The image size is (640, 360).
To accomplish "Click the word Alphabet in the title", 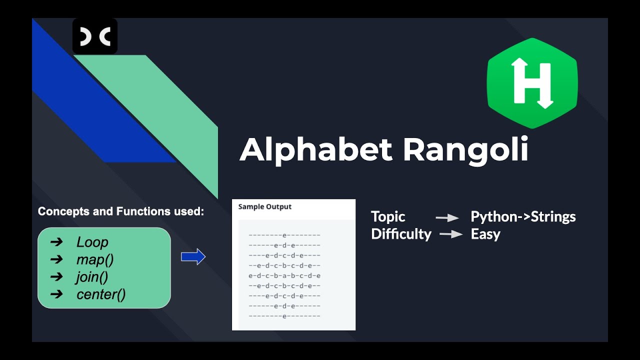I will tap(316, 149).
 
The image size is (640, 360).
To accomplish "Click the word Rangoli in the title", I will tap(465, 149).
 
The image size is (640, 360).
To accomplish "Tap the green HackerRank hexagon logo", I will tap(532, 83).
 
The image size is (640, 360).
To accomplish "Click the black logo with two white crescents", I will tap(95, 36).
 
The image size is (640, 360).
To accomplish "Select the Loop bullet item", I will tap(92, 242).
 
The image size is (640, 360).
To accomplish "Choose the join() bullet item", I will tap(92, 277).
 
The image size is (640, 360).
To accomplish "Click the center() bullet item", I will tap(101, 294).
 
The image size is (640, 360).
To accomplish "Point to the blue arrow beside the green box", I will tap(193, 256).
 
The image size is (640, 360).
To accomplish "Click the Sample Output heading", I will tap(265, 206).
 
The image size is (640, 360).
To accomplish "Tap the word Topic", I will tap(388, 217).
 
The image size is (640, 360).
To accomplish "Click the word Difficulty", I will tap(401, 234).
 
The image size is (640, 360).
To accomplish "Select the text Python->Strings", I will tap(523, 217).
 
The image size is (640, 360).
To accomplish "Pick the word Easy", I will tap(485, 234).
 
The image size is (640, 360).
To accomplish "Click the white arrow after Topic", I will tap(447, 217).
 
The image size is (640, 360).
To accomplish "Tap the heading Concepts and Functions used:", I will tap(121, 211).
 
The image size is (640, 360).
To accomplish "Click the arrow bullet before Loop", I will tap(56, 242).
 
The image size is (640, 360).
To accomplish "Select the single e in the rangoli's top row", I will tap(284, 235).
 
